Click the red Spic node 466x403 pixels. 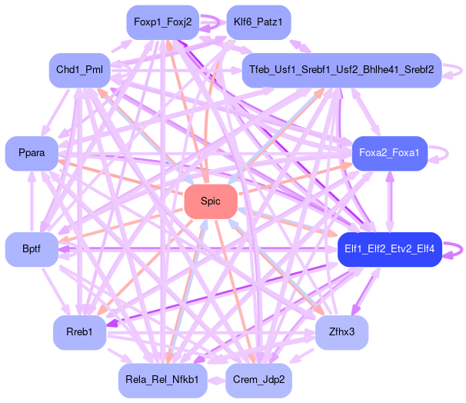pyautogui.click(x=210, y=201)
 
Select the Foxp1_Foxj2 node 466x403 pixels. pyautogui.click(x=162, y=22)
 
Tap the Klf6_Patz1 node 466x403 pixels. pyautogui.click(x=258, y=22)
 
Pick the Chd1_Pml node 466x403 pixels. pyautogui.click(x=80, y=70)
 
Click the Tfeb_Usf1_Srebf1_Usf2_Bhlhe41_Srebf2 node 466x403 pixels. pyautogui.click(x=341, y=70)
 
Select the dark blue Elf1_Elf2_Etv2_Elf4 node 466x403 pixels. pyautogui.click(x=389, y=248)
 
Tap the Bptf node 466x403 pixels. pyautogui.click(x=31, y=248)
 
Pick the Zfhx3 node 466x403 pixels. pyautogui.click(x=341, y=332)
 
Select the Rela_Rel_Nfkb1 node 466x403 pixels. pyautogui.click(x=162, y=380)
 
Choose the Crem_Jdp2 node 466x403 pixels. pyautogui.click(x=258, y=380)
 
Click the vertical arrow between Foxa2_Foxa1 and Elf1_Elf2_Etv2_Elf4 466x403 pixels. pyautogui.click(x=389, y=201)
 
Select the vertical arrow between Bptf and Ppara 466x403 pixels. pyautogui.click(x=31, y=201)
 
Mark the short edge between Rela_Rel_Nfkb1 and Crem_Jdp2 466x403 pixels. pyautogui.click(x=216, y=380)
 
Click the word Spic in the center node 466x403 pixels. pyautogui.click(x=210, y=201)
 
